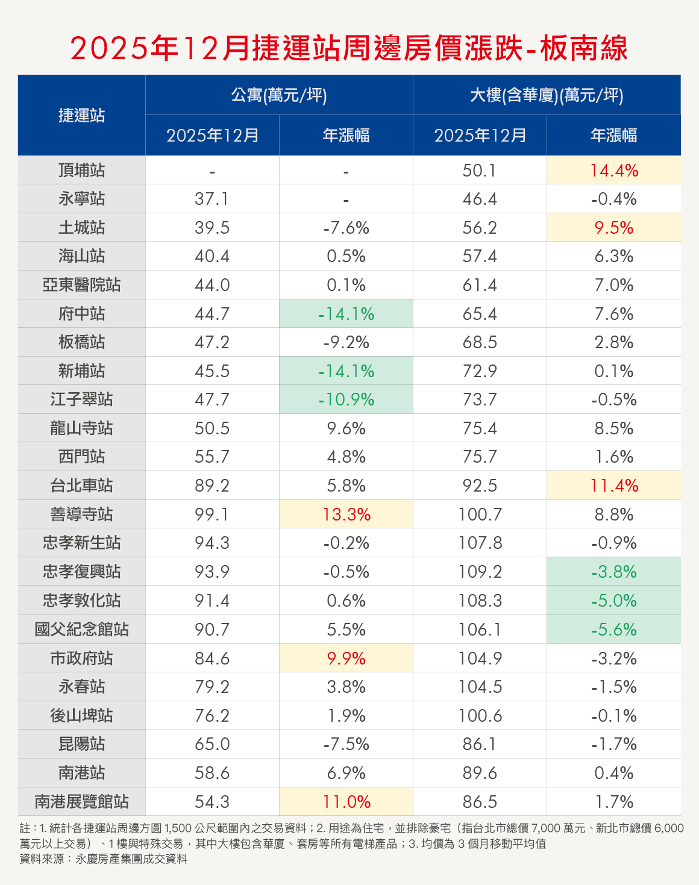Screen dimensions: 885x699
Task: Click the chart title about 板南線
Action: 349,48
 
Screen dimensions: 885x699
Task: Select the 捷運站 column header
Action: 82,115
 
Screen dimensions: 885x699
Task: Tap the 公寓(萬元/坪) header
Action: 279,95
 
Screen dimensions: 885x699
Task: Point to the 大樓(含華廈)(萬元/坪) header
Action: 547,95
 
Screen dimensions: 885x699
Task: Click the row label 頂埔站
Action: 82,170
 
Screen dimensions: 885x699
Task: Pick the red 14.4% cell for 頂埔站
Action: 613,170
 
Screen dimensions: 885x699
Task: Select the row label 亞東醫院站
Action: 82,285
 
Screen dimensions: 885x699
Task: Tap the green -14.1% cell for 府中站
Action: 346,314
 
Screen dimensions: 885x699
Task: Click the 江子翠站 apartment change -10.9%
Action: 346,399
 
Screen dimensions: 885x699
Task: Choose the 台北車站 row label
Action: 82,486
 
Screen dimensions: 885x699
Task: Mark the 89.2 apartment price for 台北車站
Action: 212,486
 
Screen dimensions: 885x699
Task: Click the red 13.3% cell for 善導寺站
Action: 346,514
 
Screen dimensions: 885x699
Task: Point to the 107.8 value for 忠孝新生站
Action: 480,543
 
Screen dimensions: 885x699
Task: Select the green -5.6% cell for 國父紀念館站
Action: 613,630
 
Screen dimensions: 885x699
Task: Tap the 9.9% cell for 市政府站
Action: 346,658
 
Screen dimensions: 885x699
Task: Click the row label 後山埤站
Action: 82,716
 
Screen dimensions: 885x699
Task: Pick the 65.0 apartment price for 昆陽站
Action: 212,744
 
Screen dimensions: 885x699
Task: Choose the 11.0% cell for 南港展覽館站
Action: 346,802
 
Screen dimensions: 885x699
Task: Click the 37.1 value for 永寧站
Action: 212,199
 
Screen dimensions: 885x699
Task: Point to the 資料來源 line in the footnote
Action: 104,859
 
